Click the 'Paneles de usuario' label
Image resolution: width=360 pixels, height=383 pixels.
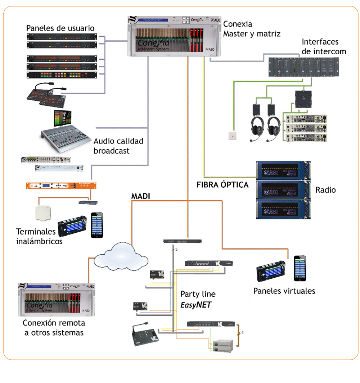[60, 28]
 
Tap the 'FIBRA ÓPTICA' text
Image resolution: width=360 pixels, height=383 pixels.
[222, 185]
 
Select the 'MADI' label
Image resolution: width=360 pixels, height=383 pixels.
[140, 196]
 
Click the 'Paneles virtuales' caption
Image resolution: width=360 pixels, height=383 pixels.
[284, 291]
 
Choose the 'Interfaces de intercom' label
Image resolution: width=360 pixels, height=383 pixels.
[324, 46]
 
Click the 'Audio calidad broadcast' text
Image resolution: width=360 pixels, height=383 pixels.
[118, 146]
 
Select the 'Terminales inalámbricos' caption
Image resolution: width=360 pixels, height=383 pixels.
[39, 236]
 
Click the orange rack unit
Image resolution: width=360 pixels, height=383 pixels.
[59, 186]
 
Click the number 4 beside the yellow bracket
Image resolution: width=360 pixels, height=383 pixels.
[243, 333]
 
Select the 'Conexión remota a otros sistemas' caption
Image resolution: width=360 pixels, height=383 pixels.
[54, 327]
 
